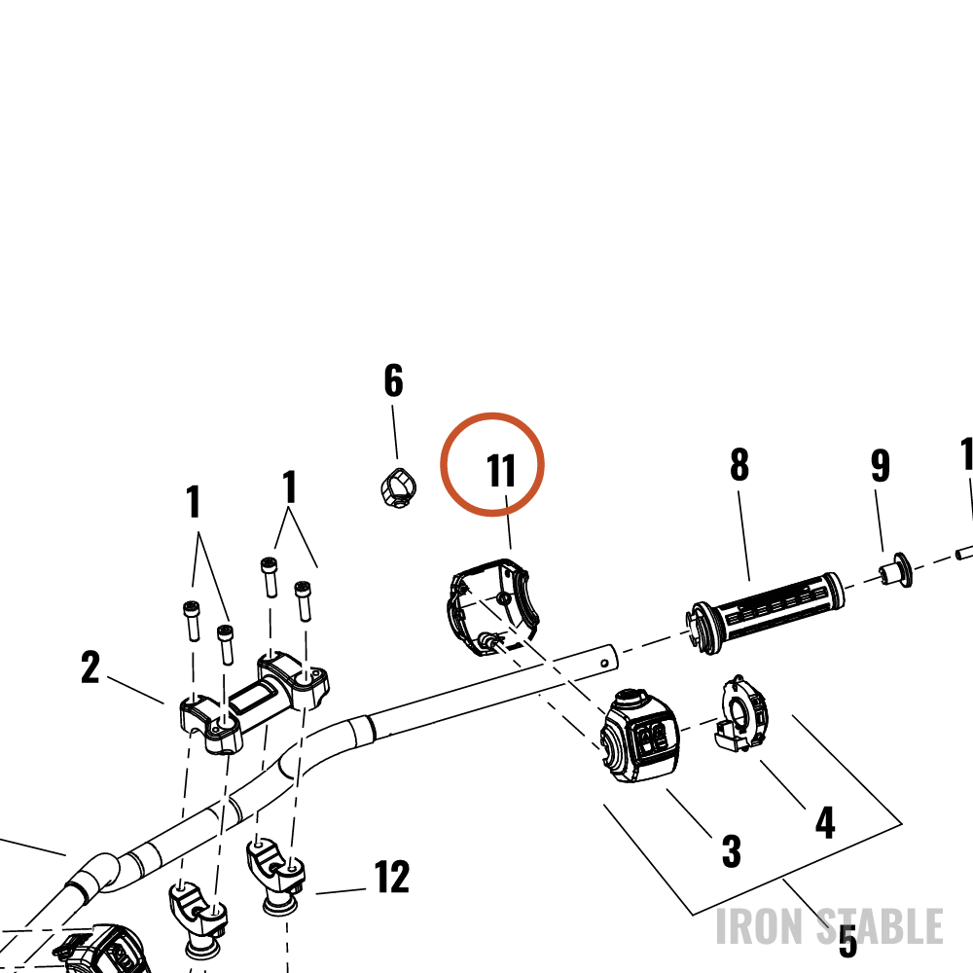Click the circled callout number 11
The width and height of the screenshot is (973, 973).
(501, 470)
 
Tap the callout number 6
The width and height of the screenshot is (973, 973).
(393, 380)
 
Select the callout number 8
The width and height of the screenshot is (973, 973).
(739, 465)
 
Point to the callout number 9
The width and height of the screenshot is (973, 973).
(880, 466)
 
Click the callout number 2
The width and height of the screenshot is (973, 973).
(90, 667)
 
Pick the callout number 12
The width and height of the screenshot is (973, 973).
(391, 877)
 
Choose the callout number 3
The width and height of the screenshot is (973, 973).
(732, 850)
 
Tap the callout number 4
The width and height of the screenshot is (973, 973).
(825, 823)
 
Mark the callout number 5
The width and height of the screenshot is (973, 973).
(847, 941)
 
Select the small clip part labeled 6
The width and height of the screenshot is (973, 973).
(398, 487)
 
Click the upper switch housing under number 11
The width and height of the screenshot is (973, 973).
(492, 605)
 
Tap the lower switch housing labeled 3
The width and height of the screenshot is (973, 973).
(640, 736)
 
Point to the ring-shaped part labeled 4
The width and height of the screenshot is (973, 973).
(741, 713)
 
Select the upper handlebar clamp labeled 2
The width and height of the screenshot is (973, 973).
(254, 702)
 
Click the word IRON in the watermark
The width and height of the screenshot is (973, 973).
(758, 926)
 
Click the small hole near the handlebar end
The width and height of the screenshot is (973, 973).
(604, 664)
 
